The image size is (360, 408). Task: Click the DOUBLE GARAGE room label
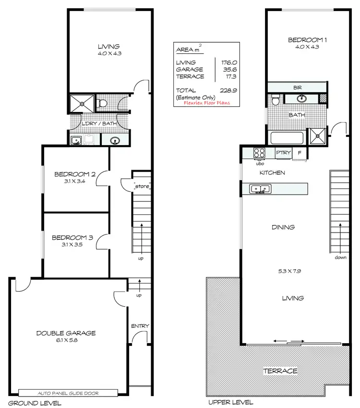[x=66, y=333]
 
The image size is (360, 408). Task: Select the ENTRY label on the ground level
[x=140, y=326]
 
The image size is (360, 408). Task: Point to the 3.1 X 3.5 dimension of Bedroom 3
[x=72, y=245]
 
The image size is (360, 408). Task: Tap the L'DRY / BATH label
[x=99, y=124]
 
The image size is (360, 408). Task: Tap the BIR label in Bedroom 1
[x=297, y=87]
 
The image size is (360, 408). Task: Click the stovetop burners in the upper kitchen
[x=260, y=153]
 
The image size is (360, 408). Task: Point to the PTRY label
[x=282, y=153]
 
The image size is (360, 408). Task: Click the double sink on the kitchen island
[x=261, y=188]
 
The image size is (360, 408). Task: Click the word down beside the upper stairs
[x=341, y=258]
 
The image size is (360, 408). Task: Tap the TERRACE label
[x=280, y=371]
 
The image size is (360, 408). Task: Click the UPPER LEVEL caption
[x=225, y=403]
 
